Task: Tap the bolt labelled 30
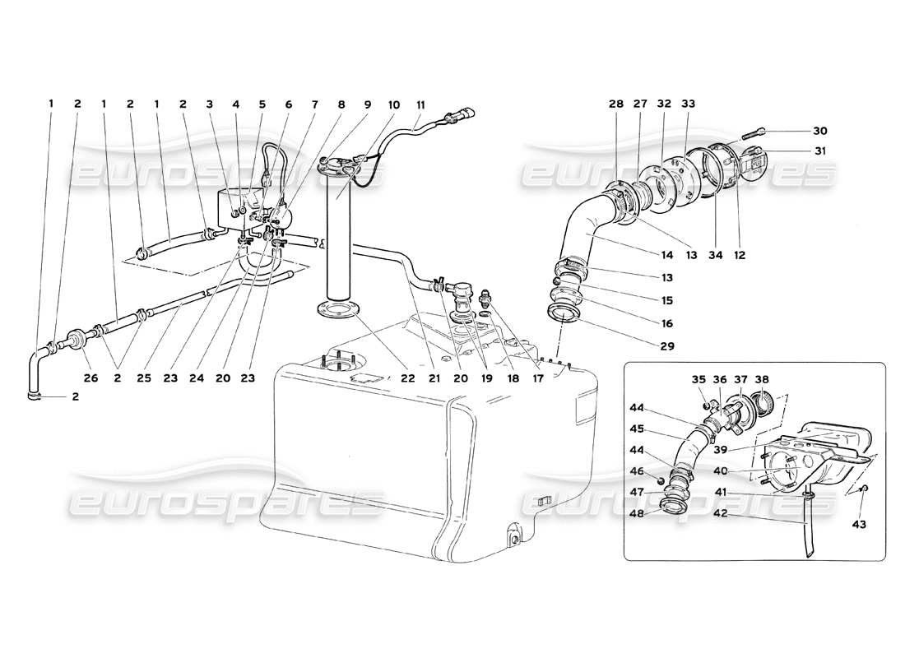758,132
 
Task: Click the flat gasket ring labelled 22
336,312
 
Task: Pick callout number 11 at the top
420,104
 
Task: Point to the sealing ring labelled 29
564,313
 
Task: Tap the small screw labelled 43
863,490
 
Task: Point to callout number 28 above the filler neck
616,104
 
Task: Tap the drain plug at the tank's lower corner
514,540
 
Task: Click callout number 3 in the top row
210,104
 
